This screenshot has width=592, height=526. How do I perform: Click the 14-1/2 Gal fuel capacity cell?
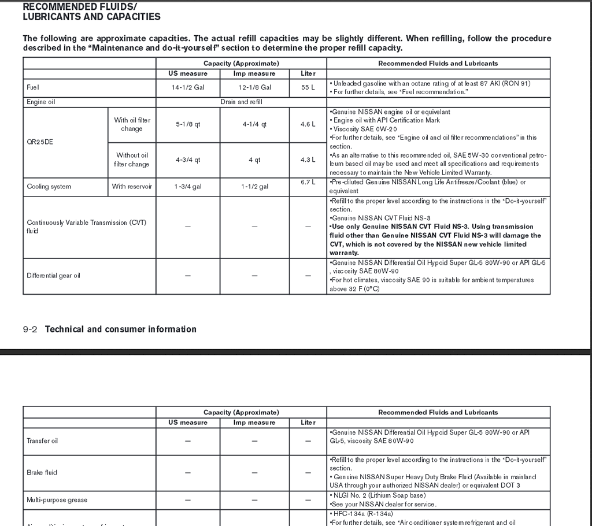[188, 87]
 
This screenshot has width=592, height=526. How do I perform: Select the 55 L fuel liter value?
[308, 87]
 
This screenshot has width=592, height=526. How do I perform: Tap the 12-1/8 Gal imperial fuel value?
[254, 87]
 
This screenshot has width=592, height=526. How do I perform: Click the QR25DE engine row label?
[40, 142]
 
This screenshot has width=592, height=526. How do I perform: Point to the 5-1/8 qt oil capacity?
[188, 124]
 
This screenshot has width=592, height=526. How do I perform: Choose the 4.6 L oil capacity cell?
[308, 124]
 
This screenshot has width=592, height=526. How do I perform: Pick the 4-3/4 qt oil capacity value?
[188, 160]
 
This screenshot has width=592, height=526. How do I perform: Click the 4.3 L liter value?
[308, 160]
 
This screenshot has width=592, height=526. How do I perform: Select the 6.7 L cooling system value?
[308, 182]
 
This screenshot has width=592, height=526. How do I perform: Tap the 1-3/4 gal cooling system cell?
[188, 187]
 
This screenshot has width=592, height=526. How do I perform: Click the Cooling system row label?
[49, 187]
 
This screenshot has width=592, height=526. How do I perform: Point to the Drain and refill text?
[241, 102]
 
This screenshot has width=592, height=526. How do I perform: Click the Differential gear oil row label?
[54, 276]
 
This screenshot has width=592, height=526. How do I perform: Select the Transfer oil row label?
[42, 441]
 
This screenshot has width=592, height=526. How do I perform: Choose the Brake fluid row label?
[42, 472]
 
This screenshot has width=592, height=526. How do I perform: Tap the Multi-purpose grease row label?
[57, 500]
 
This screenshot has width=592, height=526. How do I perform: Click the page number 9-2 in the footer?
[30, 329]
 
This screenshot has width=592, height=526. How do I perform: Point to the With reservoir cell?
[132, 187]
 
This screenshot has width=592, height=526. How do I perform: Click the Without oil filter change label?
[132, 160]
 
